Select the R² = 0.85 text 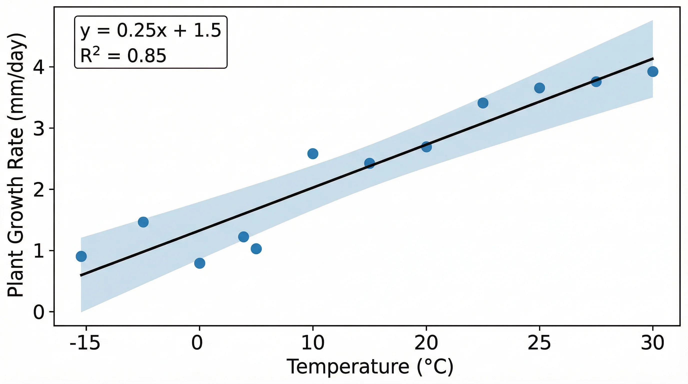click(x=123, y=55)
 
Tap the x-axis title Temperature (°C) click(x=370, y=367)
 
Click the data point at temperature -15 click(x=81, y=256)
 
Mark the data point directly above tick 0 click(x=199, y=263)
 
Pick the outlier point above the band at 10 click(x=313, y=153)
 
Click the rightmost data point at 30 click(x=652, y=71)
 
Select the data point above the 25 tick click(x=539, y=88)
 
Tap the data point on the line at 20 click(x=426, y=146)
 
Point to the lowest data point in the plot click(x=199, y=263)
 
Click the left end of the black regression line click(x=81, y=275)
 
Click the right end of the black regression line click(x=653, y=58)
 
